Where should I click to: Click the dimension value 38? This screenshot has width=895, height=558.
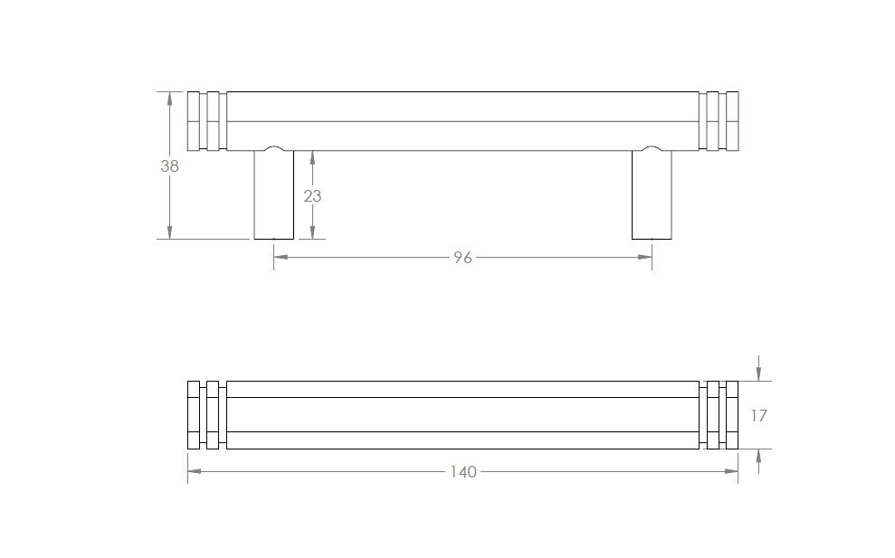(x=169, y=166)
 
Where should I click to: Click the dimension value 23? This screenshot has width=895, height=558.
(x=312, y=196)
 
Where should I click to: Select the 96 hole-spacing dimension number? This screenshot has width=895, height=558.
(x=463, y=258)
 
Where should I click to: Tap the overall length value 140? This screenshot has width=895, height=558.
(x=463, y=472)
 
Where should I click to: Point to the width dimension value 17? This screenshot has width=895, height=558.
(x=758, y=416)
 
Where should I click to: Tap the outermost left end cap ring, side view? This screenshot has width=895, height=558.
(x=194, y=121)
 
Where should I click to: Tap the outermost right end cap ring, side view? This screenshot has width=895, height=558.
(x=732, y=121)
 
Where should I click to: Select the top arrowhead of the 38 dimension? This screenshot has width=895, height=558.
(x=169, y=99)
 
